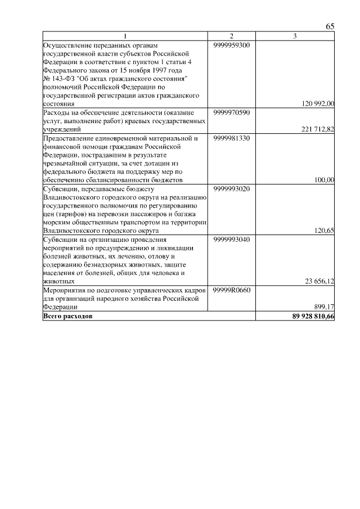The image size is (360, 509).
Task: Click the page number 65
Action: point(330,27)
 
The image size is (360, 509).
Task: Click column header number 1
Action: point(125,37)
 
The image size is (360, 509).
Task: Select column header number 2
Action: point(232,37)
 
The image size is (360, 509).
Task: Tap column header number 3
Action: point(295,37)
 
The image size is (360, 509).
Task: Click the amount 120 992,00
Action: point(318,103)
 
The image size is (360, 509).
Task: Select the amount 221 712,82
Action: point(318,129)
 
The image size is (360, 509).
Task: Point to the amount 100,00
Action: point(324,180)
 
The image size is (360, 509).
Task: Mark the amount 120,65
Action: point(324,231)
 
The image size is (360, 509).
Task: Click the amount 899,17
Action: point(324,307)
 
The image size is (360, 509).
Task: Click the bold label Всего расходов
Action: point(68,316)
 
